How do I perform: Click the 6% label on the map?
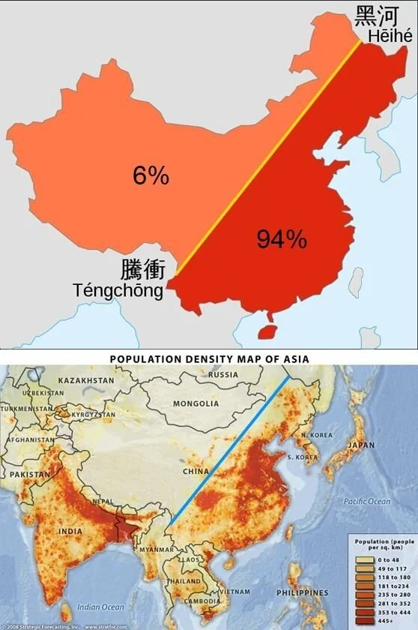coord(151,175)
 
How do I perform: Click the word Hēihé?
coord(390,36)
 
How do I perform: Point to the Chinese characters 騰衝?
coord(143,271)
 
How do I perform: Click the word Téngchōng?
coord(118,290)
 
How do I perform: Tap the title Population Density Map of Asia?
coord(209,358)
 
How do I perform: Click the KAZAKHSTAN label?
coord(86,380)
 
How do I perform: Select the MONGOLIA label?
coord(195,403)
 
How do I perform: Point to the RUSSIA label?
coord(222,374)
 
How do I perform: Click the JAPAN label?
coord(361,444)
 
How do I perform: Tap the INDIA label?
coord(71,531)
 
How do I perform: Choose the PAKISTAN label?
coord(30,474)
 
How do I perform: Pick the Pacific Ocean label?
coord(367,501)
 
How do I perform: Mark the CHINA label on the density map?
coord(197,472)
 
